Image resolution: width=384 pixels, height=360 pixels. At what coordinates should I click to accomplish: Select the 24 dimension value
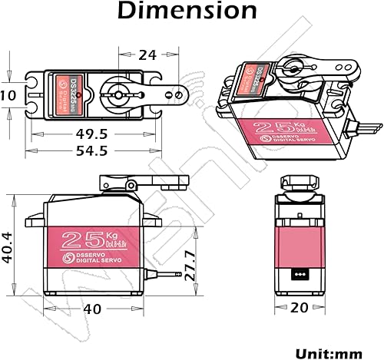coord(149,54)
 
